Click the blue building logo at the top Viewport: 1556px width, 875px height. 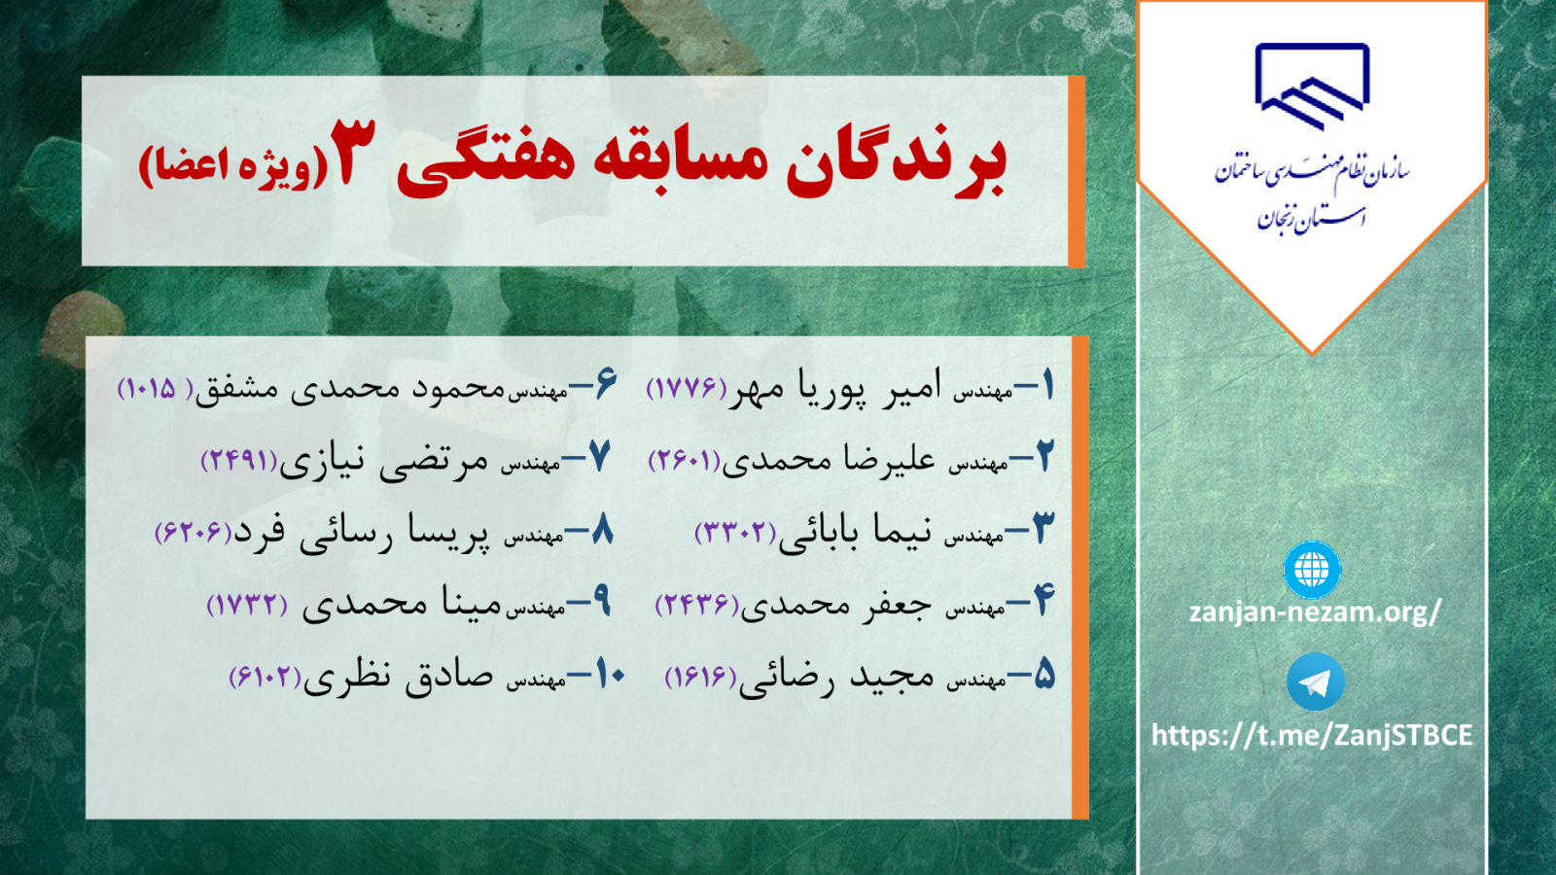click(x=1312, y=87)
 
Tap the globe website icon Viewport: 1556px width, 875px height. click(x=1312, y=570)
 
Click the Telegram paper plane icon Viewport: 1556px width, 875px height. click(x=1315, y=682)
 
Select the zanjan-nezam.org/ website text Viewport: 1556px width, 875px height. click(x=1315, y=612)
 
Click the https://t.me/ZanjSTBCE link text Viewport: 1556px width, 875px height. click(x=1312, y=735)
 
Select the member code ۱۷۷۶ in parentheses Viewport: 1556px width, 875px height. click(x=687, y=388)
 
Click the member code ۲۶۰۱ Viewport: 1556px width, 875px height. click(x=685, y=461)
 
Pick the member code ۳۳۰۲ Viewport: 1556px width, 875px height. click(x=735, y=533)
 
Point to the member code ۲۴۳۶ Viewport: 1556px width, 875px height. click(x=697, y=605)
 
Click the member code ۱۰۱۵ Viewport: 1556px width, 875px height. click(x=156, y=388)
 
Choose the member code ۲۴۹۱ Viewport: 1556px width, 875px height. click(x=239, y=461)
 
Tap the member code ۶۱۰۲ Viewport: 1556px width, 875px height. click(x=265, y=677)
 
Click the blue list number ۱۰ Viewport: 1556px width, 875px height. click(x=612, y=675)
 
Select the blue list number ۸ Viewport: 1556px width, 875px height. click(x=602, y=531)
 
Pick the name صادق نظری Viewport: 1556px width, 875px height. click(x=399, y=676)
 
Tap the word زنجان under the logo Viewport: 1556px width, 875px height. click(x=1280, y=220)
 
